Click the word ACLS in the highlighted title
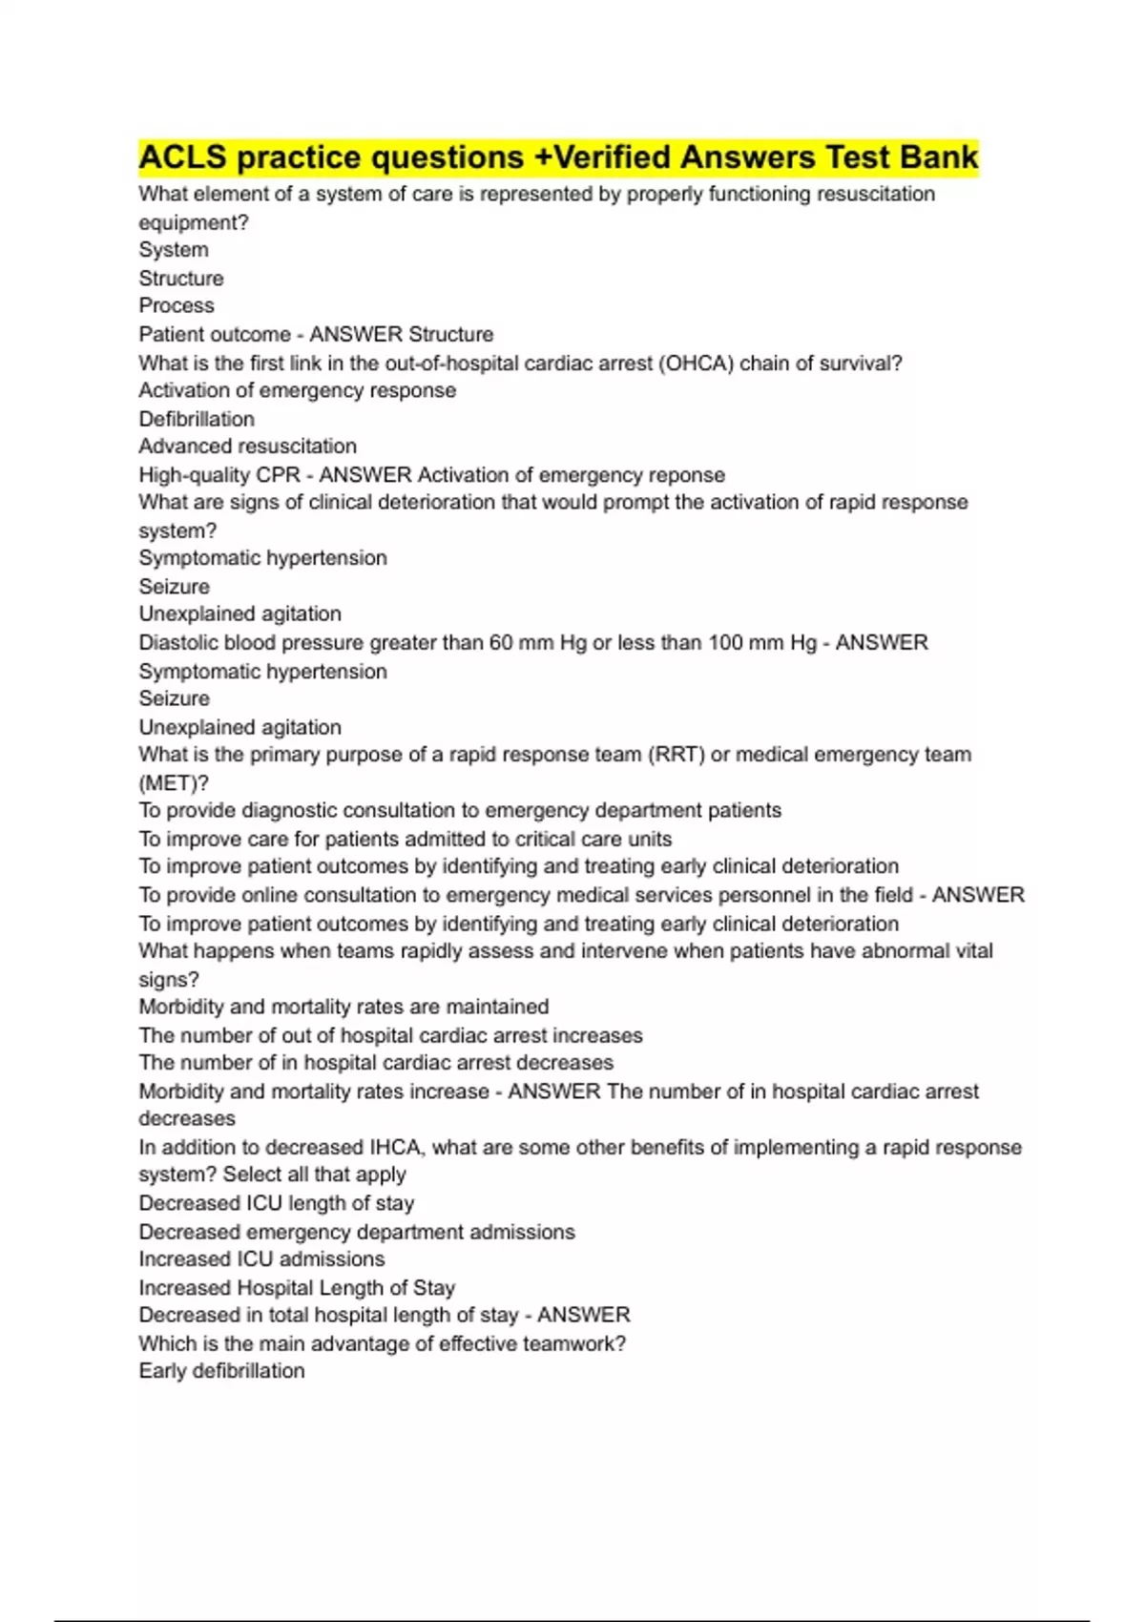tap(182, 157)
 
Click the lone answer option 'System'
tap(174, 250)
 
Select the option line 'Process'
tap(177, 306)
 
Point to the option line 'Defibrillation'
tap(197, 419)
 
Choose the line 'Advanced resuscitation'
tap(248, 447)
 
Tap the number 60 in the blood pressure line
tap(501, 643)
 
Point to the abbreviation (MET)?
tap(174, 783)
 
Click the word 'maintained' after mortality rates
tap(497, 1008)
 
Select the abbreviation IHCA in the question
tap(394, 1148)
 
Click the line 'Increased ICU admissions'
tap(262, 1259)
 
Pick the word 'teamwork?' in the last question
tap(580, 1344)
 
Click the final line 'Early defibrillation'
tap(222, 1371)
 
